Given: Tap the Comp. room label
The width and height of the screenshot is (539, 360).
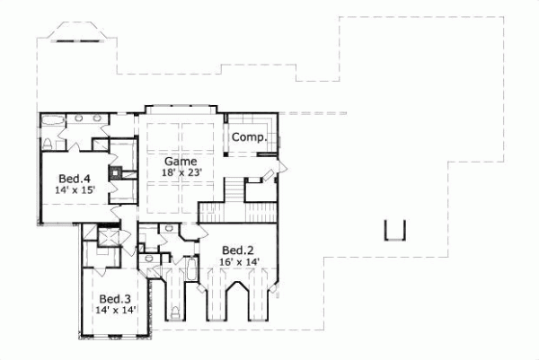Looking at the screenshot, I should [x=248, y=138].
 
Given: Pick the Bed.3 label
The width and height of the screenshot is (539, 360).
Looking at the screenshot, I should [x=115, y=298].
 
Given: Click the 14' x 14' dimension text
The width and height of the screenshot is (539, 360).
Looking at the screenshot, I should [x=115, y=310].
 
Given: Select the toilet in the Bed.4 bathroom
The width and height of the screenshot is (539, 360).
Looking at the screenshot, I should [x=47, y=144].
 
